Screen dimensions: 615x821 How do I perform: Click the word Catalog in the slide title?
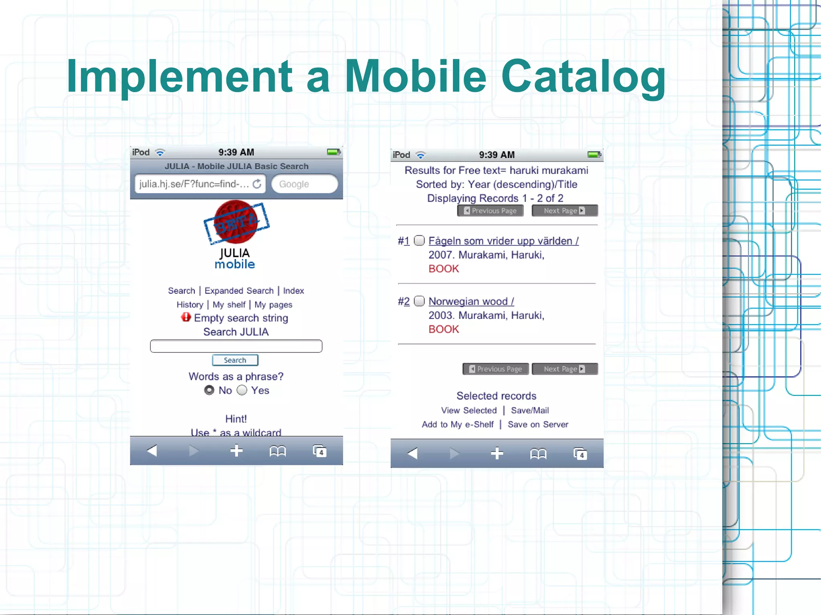(x=583, y=76)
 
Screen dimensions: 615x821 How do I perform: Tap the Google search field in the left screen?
(x=304, y=184)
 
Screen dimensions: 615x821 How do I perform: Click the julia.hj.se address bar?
(x=194, y=184)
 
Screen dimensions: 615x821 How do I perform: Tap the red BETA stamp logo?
(x=236, y=222)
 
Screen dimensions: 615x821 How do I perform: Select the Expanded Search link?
(x=239, y=290)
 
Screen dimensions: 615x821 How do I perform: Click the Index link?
(x=293, y=290)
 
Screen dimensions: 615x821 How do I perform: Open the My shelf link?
(x=229, y=304)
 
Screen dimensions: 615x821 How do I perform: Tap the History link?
(x=190, y=304)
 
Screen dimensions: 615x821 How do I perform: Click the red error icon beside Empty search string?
(x=186, y=317)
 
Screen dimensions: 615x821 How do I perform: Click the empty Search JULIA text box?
(x=236, y=346)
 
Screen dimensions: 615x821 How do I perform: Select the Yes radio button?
(x=242, y=390)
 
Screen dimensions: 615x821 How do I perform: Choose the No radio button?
(x=209, y=390)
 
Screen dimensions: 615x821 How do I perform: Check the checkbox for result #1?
(x=419, y=240)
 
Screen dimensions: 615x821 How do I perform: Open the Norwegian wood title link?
(x=471, y=301)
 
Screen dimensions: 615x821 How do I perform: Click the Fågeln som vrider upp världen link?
(x=504, y=241)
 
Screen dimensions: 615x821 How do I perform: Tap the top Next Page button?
(x=564, y=211)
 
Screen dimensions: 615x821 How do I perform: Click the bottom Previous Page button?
(x=495, y=369)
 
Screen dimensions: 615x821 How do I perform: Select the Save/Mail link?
(x=530, y=410)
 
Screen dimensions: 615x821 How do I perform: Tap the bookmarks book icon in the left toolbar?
(x=277, y=452)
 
